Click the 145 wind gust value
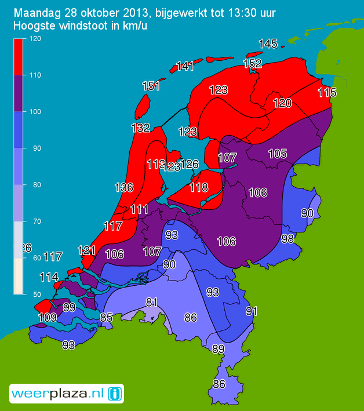pos(268,44)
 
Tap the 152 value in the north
pos(253,64)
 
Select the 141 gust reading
pos(185,66)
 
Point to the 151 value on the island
pos(151,86)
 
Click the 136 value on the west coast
pos(124,188)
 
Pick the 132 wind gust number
pos(141,128)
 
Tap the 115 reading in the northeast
pos(327,93)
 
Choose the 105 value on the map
pos(278,154)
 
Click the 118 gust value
pos(199,187)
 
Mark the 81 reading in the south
pos(152,302)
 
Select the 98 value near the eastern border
pos(287,239)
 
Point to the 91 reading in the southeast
pos(252,311)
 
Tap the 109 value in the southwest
pos(47,318)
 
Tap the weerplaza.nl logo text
pos(57,394)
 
